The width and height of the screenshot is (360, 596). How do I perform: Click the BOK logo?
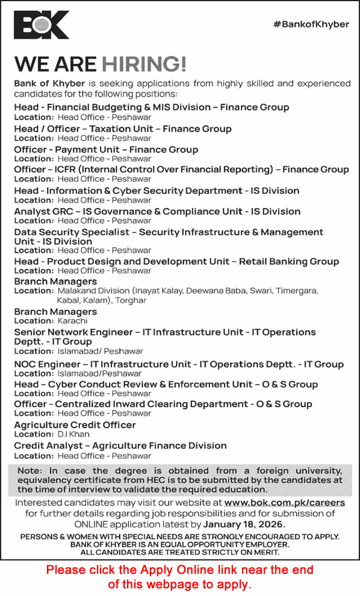point(42,25)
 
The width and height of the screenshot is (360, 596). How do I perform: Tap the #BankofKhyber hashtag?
point(311,24)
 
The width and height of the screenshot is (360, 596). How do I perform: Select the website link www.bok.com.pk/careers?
point(293,502)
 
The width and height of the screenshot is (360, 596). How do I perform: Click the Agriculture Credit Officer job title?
point(75,425)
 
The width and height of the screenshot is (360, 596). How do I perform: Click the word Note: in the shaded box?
point(30,470)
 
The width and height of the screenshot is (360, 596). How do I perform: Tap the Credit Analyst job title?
point(49,446)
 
